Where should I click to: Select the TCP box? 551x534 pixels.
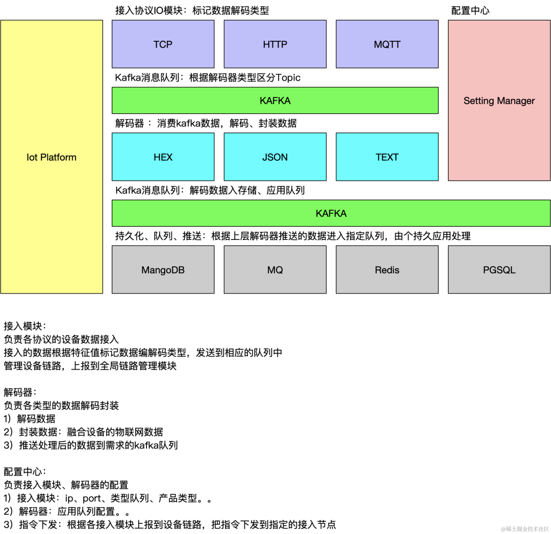[x=163, y=44]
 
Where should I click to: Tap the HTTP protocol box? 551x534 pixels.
[x=275, y=44]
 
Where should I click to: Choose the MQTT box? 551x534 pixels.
[x=387, y=44]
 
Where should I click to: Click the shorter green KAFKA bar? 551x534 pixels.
[x=275, y=100]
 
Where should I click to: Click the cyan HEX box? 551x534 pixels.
[x=163, y=157]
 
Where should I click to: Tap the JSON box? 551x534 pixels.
[x=275, y=157]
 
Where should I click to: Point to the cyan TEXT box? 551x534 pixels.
[x=387, y=157]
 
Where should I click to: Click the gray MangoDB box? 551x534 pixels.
[x=163, y=270]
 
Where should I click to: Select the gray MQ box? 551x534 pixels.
[x=275, y=270]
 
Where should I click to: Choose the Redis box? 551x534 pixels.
[x=387, y=270]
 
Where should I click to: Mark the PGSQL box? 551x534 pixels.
[x=499, y=270]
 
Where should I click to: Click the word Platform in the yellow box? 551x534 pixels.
[x=58, y=157]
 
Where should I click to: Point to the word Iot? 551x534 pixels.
[x=32, y=157]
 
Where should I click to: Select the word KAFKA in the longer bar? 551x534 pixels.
[x=331, y=213]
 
